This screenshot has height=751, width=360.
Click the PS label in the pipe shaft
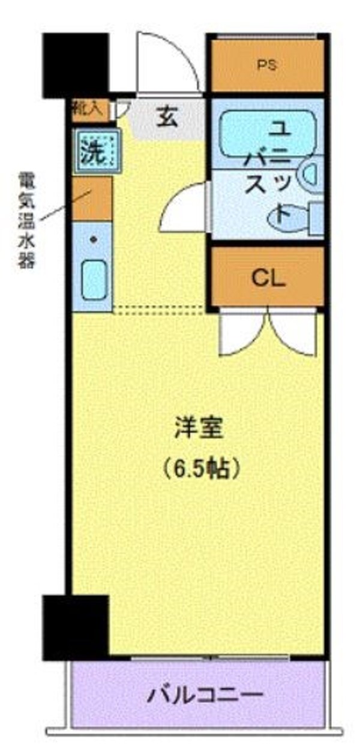[268, 66]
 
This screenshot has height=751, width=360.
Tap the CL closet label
[268, 277]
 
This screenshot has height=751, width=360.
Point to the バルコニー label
[206, 696]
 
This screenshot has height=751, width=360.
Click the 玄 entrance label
[168, 117]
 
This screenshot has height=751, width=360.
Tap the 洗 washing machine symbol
[92, 152]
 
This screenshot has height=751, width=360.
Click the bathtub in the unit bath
[267, 135]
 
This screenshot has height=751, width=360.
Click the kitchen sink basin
[94, 280]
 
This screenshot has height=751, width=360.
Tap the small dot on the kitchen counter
[92, 240]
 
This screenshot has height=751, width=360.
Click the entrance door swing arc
[167, 63]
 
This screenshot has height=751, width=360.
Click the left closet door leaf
[242, 333]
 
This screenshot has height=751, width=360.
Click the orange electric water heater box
[92, 198]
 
